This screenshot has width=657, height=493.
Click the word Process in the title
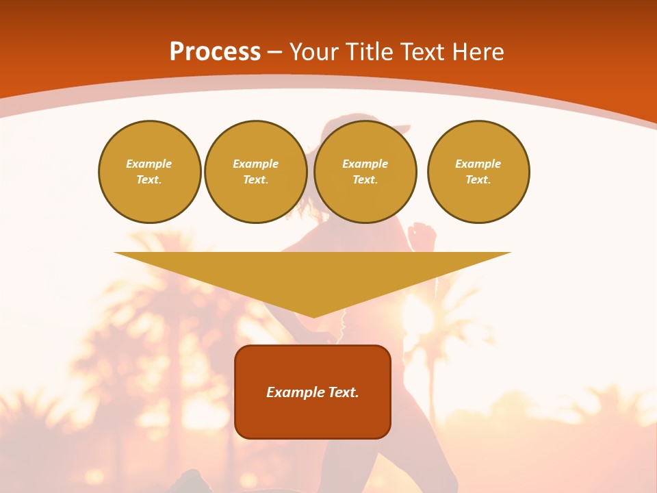(215, 52)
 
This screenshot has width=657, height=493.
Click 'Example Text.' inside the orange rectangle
(313, 392)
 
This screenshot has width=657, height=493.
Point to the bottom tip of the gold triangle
(313, 316)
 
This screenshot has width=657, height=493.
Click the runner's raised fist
(422, 236)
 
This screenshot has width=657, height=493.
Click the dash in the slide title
(275, 52)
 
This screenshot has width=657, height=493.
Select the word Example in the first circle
(149, 164)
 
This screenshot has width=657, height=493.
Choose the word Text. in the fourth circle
(478, 179)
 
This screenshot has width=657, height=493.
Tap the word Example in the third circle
(365, 164)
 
